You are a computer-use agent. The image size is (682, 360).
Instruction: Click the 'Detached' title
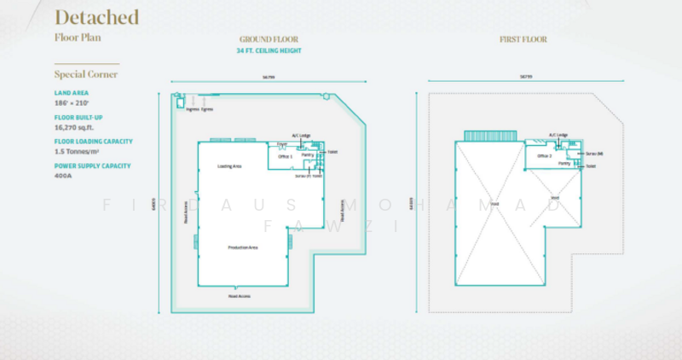pos(96,17)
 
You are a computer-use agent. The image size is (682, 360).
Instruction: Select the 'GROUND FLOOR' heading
pos(269,39)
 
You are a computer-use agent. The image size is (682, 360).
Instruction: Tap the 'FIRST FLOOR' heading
pos(523,39)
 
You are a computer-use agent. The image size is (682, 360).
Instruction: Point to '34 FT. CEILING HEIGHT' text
pos(269,51)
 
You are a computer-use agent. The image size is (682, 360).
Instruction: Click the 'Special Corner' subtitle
pos(85,74)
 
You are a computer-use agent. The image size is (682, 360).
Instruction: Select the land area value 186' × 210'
pos(72,102)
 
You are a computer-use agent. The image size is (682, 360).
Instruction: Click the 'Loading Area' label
pos(229,165)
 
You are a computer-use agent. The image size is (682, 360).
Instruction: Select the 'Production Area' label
pos(242,247)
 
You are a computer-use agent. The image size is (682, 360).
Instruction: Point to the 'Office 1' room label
pos(285,157)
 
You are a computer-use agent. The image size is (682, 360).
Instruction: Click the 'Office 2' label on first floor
pos(545,156)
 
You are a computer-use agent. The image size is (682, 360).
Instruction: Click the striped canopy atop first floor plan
pos(490,136)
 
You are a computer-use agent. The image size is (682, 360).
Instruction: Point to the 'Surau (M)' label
pos(594,153)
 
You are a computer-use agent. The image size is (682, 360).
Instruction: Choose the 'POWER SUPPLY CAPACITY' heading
pos(92,165)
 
